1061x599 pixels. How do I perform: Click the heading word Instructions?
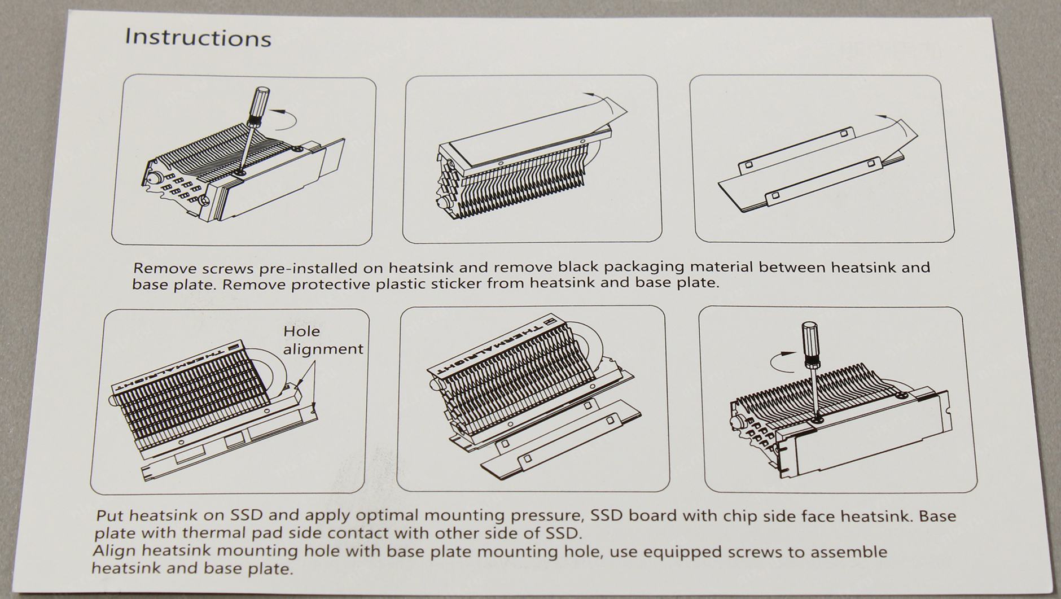point(198,37)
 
